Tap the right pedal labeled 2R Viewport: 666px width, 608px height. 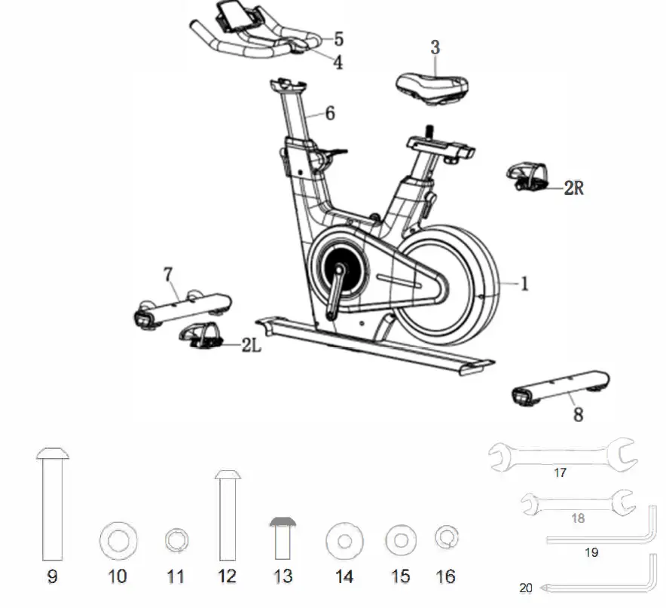click(x=531, y=178)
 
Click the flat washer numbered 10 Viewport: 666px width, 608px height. click(x=118, y=540)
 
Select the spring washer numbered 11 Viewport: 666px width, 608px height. click(x=176, y=540)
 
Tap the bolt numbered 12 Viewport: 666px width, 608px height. click(x=227, y=516)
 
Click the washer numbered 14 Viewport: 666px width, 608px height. click(x=344, y=540)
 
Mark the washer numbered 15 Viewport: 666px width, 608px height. click(x=401, y=539)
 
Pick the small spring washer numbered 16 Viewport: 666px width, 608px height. click(x=446, y=537)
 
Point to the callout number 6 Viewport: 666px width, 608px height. click(x=330, y=114)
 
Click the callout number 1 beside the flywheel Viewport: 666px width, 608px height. click(x=525, y=284)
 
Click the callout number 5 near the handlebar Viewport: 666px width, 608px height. click(x=338, y=38)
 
